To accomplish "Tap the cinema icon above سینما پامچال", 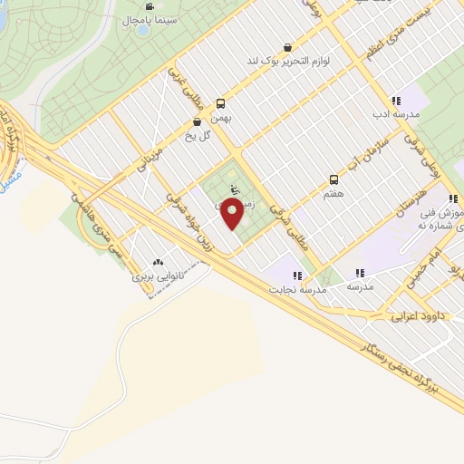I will click(141, 5).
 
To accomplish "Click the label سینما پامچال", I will click(140, 19).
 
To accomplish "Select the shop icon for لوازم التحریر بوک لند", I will click(288, 47).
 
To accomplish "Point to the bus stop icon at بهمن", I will click(220, 103).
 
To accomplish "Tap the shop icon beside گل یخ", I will click(197, 121).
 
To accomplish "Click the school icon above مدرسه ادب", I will click(396, 101).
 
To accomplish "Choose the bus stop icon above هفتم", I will click(333, 179).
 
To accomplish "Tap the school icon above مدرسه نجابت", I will click(295, 274).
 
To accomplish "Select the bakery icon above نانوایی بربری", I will click(159, 261).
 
